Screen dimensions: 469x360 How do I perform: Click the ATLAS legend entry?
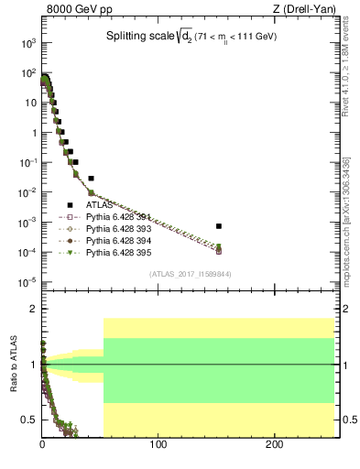click(101, 205)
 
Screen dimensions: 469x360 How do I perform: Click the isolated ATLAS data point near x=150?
click(219, 225)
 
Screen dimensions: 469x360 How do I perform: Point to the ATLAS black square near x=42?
click(92, 178)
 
